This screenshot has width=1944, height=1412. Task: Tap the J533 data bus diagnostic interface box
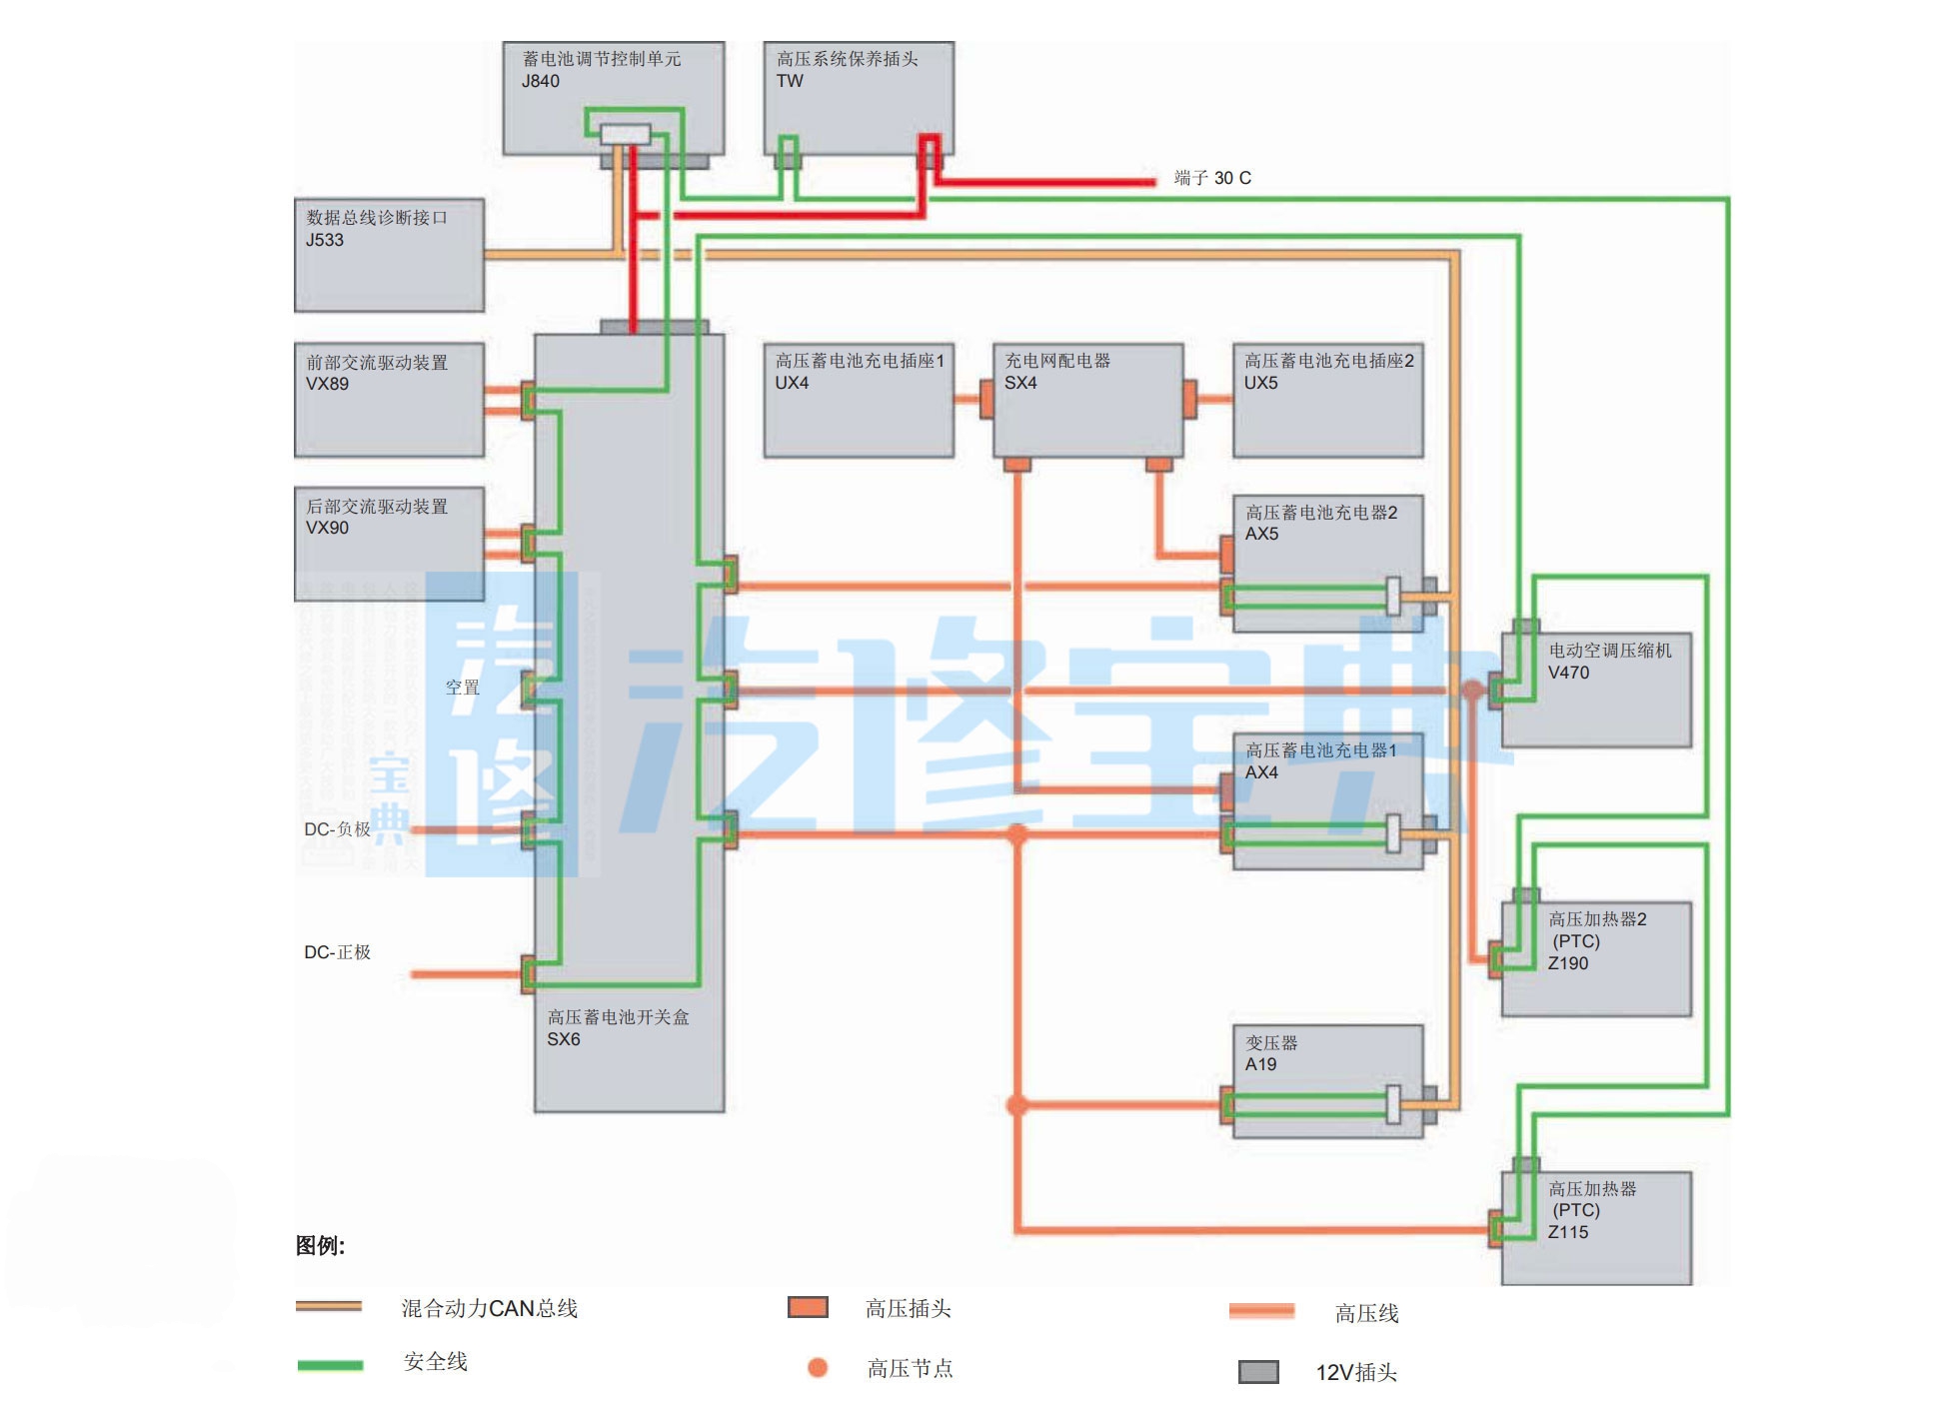(388, 255)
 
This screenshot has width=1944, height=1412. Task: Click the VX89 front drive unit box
(388, 400)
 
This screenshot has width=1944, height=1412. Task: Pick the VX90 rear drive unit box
(388, 544)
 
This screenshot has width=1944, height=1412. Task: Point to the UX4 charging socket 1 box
(858, 400)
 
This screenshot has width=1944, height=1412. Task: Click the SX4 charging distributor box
(1087, 400)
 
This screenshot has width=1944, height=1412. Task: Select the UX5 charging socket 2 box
(1327, 400)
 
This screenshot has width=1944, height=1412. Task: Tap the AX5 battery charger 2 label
(1319, 523)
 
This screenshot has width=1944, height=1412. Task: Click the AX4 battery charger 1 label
(1319, 760)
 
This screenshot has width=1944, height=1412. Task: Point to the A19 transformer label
(1270, 1053)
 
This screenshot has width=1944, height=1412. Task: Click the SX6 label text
(564, 1039)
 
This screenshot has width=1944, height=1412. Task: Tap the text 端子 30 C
(1211, 178)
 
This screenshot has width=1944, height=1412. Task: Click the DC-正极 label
(337, 952)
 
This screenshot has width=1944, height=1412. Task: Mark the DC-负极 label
(337, 829)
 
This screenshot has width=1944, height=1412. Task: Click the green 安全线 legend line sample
(330, 1365)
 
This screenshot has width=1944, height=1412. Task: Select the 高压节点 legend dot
(818, 1367)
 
